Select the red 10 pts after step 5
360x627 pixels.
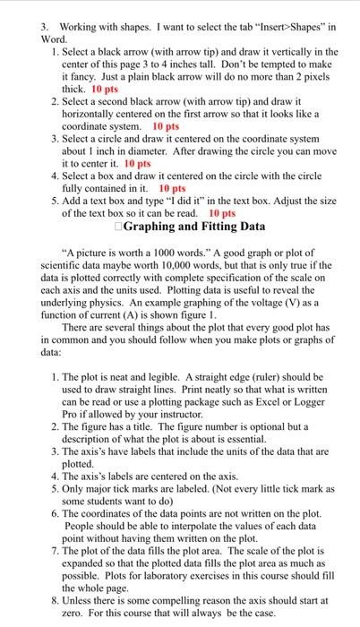[x=221, y=215]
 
